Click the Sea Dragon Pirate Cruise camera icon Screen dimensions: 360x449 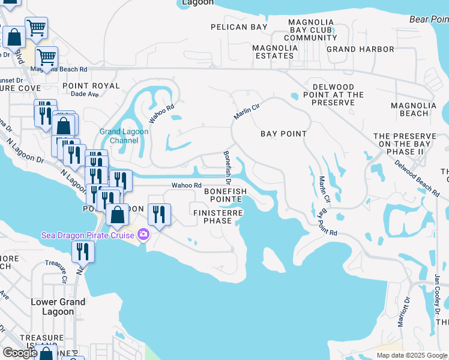click(143, 235)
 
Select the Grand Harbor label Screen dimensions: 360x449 click(360, 49)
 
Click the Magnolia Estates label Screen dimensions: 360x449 click(273, 52)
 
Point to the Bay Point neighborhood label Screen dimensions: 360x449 click(283, 134)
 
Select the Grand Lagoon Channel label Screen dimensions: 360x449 click(119, 136)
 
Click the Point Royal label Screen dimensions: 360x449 click(91, 86)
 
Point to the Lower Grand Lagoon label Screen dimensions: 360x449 click(58, 307)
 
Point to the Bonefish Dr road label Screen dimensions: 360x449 click(228, 167)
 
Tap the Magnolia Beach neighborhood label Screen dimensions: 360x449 click(410, 109)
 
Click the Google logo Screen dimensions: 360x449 click(20, 353)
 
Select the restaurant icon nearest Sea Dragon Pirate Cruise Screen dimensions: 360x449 click(159, 214)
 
